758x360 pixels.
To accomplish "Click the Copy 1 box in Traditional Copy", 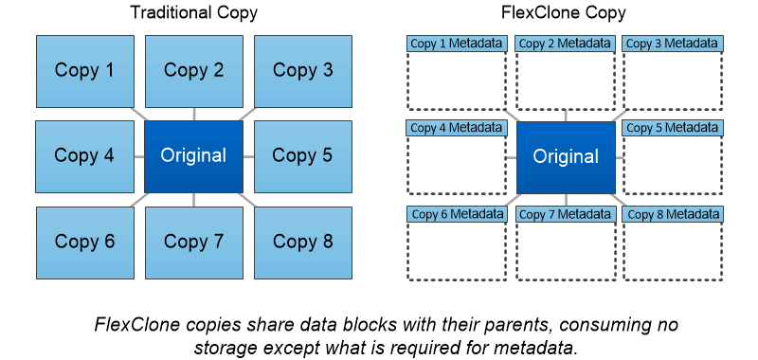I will (x=84, y=70).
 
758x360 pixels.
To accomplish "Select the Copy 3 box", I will (x=302, y=70).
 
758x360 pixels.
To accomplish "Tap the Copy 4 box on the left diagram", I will (x=84, y=155).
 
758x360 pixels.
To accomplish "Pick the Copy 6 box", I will (x=84, y=242).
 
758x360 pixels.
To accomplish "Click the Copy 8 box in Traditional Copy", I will (x=302, y=242).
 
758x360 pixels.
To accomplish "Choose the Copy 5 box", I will (x=302, y=155).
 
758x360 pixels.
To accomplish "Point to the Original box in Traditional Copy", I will (x=193, y=155).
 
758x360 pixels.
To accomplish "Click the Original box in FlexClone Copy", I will (x=565, y=155).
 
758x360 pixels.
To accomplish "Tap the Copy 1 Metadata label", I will (x=457, y=44).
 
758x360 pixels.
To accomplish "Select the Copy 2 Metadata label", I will (x=565, y=44).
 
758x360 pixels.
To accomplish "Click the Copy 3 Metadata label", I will (x=673, y=44).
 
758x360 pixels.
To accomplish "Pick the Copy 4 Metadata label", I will (x=457, y=128).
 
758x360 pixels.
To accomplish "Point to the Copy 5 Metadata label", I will (x=673, y=128).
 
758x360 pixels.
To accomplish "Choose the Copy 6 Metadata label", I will (x=457, y=214).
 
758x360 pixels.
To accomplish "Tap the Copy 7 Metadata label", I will (x=565, y=214).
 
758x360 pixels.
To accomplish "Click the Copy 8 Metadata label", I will (x=673, y=214).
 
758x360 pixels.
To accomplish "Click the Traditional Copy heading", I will (x=193, y=14).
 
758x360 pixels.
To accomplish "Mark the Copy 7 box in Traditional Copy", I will (x=193, y=242).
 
